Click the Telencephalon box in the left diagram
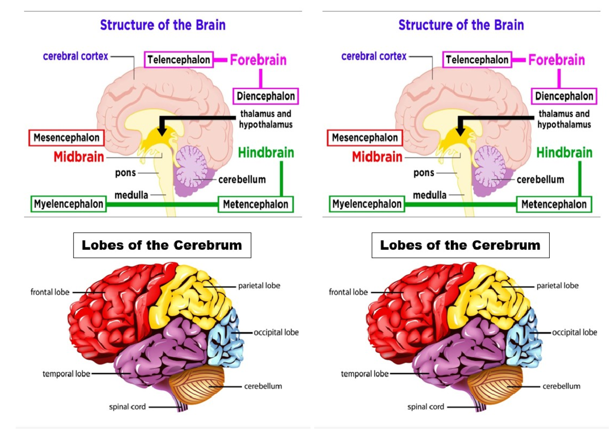click(178, 60)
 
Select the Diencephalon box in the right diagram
click(564, 96)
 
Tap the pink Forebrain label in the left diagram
click(258, 60)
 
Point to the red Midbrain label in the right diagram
click(377, 157)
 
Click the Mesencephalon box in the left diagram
click(66, 138)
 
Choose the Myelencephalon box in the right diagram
click(367, 205)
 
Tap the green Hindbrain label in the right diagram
click(565, 152)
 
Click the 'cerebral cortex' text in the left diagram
click(75, 56)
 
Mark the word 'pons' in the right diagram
click(423, 173)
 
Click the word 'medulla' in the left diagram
click(131, 195)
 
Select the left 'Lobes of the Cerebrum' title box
click(162, 245)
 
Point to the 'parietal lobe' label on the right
click(557, 286)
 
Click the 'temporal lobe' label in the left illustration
click(66, 374)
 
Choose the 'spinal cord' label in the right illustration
click(425, 406)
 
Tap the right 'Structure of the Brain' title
click(461, 24)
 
